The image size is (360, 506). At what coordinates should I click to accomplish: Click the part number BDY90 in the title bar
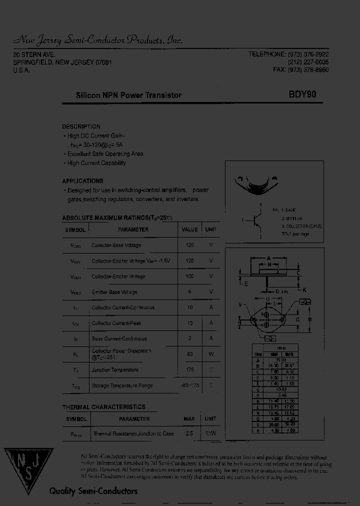click(x=301, y=94)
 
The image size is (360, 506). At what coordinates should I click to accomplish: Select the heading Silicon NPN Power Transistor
click(x=128, y=95)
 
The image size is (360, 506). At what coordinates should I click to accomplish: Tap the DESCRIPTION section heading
click(x=81, y=126)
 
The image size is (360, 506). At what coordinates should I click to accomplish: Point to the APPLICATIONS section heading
click(x=82, y=181)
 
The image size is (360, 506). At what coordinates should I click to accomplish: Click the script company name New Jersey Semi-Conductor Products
click(x=97, y=40)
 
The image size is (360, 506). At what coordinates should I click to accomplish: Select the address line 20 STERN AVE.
click(x=34, y=54)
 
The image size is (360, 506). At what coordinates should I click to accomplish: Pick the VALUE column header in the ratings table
click(x=189, y=229)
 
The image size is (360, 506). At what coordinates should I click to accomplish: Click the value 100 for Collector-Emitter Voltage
click(x=189, y=276)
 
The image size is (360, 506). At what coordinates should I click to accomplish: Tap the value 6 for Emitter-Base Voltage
click(x=189, y=291)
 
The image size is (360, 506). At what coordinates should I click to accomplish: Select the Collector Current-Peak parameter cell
click(x=116, y=323)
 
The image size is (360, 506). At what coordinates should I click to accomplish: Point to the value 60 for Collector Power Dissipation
click(x=189, y=354)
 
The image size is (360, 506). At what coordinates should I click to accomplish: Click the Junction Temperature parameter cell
click(x=114, y=370)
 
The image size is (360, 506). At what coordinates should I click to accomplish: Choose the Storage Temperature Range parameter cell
click(x=122, y=385)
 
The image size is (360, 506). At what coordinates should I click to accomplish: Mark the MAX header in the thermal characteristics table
click(x=189, y=418)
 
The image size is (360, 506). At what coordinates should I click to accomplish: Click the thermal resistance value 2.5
click(x=189, y=433)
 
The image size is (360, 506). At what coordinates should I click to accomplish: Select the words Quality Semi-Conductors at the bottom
click(x=93, y=491)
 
